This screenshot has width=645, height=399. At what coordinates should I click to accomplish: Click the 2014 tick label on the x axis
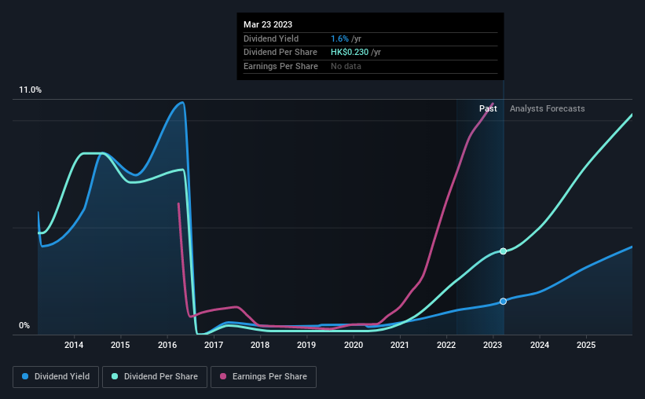pyautogui.click(x=74, y=346)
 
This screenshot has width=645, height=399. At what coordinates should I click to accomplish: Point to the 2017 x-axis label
pyautogui.click(x=214, y=346)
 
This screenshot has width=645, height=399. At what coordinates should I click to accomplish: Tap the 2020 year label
pyautogui.click(x=354, y=346)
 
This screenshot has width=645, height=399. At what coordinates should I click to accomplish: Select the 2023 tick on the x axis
pyautogui.click(x=493, y=346)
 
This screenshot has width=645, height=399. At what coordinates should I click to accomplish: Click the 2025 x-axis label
pyautogui.click(x=586, y=346)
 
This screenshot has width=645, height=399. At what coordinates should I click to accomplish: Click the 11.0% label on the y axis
pyautogui.click(x=31, y=90)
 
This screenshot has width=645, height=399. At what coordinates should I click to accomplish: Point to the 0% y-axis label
pyautogui.click(x=24, y=326)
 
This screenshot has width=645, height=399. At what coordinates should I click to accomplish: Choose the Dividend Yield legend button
pyautogui.click(x=55, y=377)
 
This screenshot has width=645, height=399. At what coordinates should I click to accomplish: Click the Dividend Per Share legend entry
pyautogui.click(x=158, y=377)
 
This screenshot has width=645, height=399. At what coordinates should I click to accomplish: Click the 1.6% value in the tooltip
pyautogui.click(x=339, y=38)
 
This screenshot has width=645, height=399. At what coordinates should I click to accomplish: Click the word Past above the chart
pyautogui.click(x=488, y=108)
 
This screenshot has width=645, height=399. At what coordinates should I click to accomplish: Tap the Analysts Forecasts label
pyautogui.click(x=547, y=108)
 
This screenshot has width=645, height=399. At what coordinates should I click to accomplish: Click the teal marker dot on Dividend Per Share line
pyautogui.click(x=504, y=251)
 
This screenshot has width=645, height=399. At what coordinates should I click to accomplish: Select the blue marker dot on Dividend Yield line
pyautogui.click(x=504, y=302)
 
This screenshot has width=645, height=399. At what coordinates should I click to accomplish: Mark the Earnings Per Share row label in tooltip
pyautogui.click(x=280, y=67)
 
